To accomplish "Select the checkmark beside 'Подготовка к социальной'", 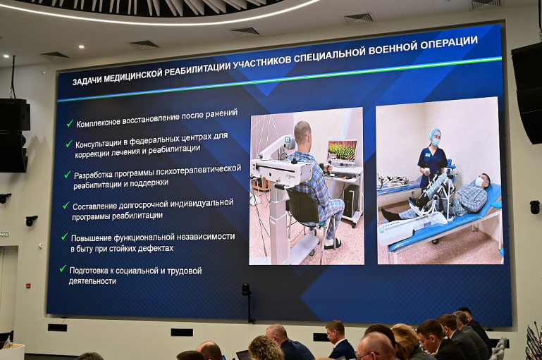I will point(63,268).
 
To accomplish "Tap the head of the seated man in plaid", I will point(302,132).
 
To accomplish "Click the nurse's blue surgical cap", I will point(435,132).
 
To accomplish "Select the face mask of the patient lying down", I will point(479,182).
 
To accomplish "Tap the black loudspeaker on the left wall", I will point(14,133).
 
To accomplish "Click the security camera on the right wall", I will point(534,207).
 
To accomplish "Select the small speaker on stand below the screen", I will point(246,289).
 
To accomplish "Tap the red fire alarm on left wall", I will point(28,286).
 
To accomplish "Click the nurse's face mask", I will point(436,142).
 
